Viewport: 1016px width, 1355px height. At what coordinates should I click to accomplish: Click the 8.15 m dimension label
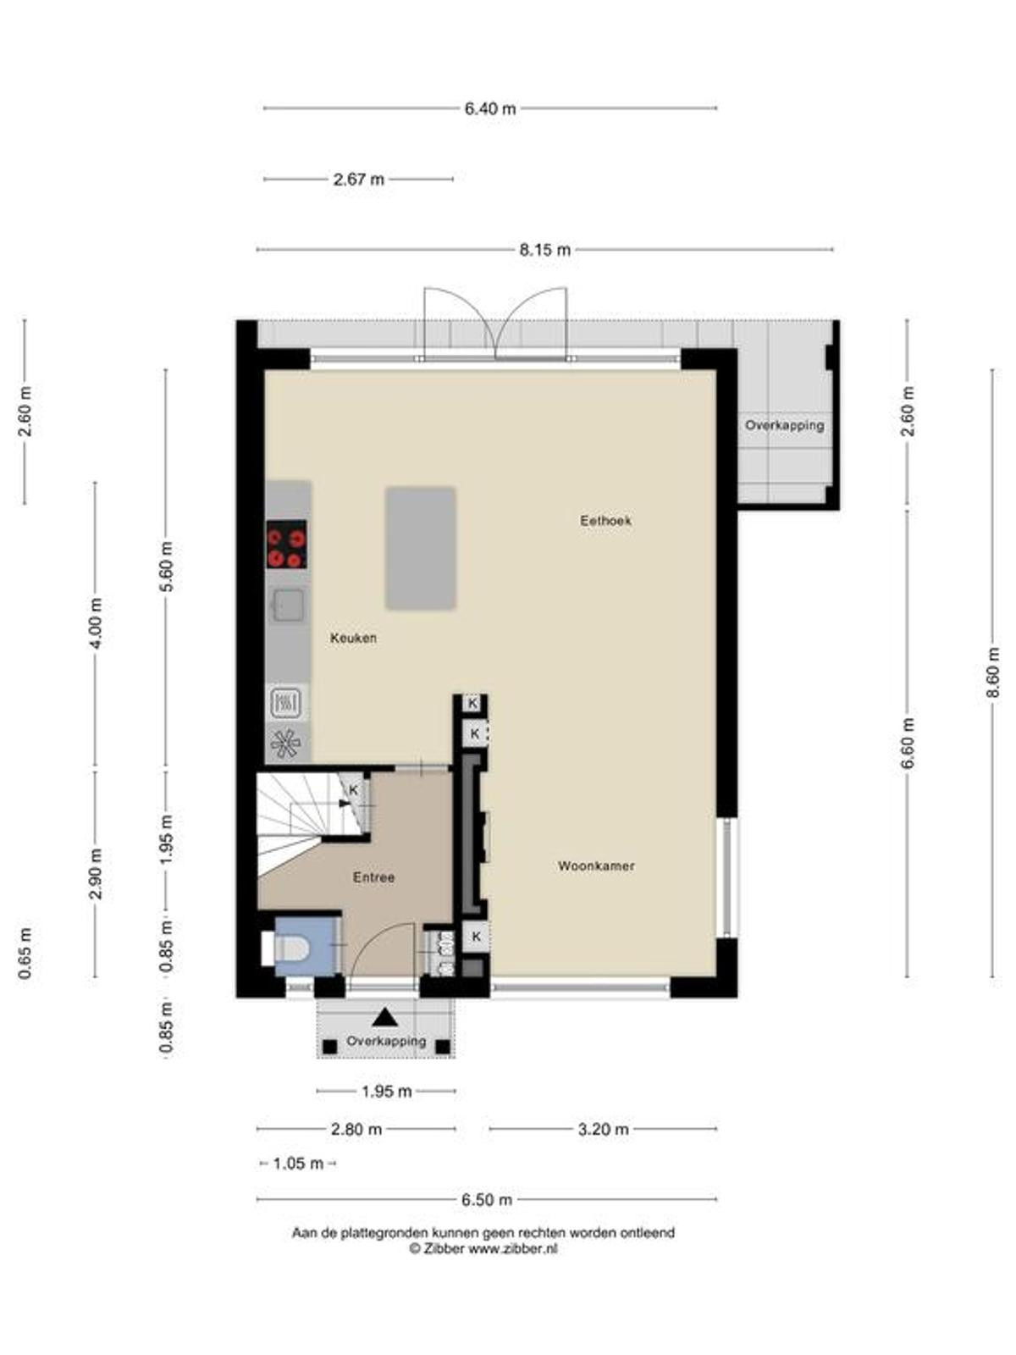[544, 249]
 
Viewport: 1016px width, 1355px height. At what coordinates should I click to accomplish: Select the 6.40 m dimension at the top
[490, 108]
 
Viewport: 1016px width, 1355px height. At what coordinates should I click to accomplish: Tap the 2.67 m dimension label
[358, 179]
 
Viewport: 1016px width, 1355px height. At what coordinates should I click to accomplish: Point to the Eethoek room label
[605, 520]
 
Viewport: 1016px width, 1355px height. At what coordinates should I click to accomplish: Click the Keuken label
[353, 638]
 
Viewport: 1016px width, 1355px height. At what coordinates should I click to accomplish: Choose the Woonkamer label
[596, 866]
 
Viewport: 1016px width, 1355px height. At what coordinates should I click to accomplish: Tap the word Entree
[373, 877]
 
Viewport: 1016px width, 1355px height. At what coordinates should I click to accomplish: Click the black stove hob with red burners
[287, 544]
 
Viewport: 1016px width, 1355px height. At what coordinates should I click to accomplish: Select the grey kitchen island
[421, 548]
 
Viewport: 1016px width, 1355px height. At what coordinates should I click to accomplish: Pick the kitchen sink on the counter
[289, 605]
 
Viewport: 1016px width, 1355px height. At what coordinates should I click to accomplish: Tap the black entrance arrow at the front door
[385, 1017]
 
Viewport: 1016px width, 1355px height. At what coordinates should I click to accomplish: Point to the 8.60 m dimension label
[992, 672]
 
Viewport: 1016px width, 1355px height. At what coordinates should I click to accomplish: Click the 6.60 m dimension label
[907, 744]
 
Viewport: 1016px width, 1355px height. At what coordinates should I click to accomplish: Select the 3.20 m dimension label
[603, 1129]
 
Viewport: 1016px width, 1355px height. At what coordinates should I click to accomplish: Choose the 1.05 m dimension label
[298, 1164]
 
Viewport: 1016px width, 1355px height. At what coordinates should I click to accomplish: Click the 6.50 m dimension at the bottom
[487, 1199]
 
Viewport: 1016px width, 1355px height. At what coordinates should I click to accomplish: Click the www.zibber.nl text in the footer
[513, 1248]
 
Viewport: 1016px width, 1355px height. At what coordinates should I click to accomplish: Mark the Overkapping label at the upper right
[784, 425]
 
